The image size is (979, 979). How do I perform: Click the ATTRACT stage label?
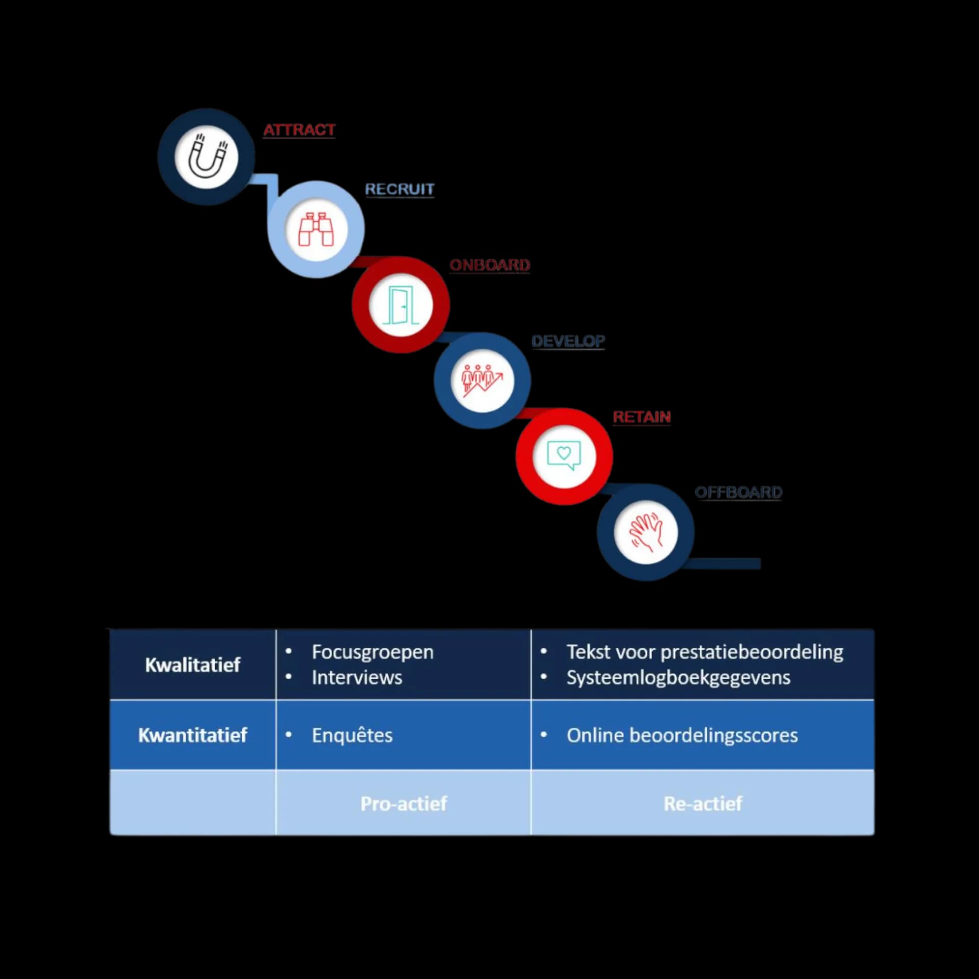tap(299, 130)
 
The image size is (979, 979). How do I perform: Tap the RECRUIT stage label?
tap(399, 189)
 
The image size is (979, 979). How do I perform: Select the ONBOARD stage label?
tap(489, 265)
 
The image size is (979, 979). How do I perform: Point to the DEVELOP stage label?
tap(568, 341)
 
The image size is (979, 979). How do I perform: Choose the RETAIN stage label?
tap(641, 417)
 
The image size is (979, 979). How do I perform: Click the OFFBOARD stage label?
tap(738, 492)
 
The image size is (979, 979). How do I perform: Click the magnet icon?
tap(207, 157)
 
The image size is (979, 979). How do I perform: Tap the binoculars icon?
tap(316, 229)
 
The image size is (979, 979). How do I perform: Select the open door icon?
tap(401, 305)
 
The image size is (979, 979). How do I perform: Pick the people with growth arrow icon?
tap(482, 380)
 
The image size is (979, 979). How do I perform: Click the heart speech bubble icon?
tap(564, 455)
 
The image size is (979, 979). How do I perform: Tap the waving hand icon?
tap(646, 532)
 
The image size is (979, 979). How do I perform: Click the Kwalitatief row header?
tap(193, 665)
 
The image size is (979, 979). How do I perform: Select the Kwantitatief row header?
tap(193, 735)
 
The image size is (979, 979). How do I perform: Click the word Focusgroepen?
tap(373, 652)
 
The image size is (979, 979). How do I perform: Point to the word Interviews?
tap(357, 678)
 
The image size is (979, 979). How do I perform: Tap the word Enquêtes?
tap(352, 735)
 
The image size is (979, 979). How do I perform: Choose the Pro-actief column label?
tap(403, 804)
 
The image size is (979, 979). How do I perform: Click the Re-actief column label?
tap(703, 804)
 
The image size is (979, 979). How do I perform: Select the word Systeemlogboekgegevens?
tap(678, 678)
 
